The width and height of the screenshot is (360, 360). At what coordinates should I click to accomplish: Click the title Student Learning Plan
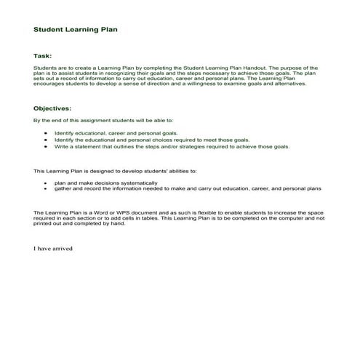pos(76,31)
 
